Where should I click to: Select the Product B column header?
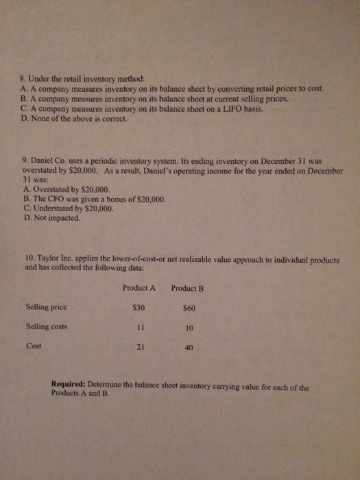coord(189,288)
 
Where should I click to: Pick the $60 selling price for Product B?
coord(188,309)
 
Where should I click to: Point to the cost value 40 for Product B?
coord(189,348)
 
